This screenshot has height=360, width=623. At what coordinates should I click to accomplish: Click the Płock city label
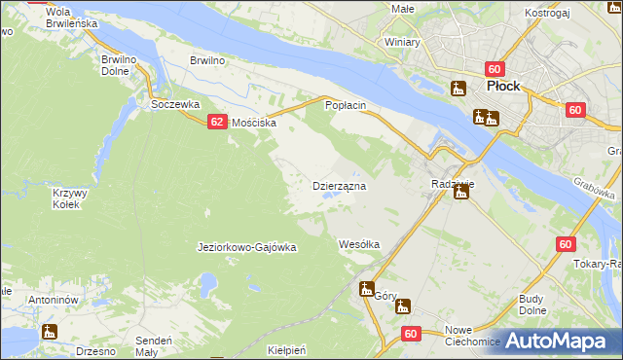click(x=502, y=86)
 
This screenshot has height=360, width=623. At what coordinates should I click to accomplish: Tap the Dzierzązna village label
click(x=338, y=185)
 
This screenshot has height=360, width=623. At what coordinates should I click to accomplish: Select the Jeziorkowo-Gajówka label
click(x=246, y=247)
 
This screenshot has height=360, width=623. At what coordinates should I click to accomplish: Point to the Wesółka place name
click(x=358, y=244)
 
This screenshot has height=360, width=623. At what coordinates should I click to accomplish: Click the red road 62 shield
click(x=217, y=122)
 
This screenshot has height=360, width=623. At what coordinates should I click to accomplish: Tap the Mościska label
click(x=253, y=124)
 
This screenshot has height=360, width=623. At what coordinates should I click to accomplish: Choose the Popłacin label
click(x=345, y=104)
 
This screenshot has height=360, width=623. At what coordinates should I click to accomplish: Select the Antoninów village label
click(x=53, y=300)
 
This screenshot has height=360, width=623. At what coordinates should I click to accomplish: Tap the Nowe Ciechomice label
click(x=472, y=336)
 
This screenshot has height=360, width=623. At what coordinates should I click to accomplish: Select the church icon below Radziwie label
click(x=461, y=192)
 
